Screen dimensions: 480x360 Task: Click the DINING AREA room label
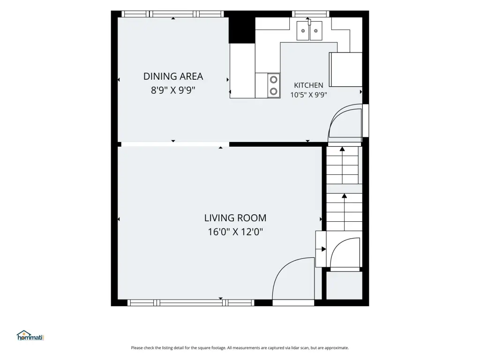tap(173, 76)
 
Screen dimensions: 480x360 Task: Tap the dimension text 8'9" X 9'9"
tap(173, 90)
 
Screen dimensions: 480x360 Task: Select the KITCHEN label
tap(308, 85)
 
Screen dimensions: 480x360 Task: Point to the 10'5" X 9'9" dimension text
tap(308, 95)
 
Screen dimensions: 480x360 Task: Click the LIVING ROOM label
tap(235, 218)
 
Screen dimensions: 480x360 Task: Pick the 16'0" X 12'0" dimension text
tap(235, 232)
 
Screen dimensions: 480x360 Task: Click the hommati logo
tap(30, 336)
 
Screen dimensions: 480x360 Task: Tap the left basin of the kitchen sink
tap(303, 30)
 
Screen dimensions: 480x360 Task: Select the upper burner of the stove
tap(274, 80)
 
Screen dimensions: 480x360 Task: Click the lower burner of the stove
tap(274, 91)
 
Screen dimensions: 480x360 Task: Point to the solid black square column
tap(242, 30)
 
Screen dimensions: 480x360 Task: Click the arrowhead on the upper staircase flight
tap(342, 149)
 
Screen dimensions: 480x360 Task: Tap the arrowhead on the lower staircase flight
tap(345, 196)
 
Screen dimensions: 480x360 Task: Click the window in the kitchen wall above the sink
tap(310, 14)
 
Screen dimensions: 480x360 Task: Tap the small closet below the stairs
tap(344, 285)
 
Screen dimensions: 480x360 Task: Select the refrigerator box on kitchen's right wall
tap(346, 69)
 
